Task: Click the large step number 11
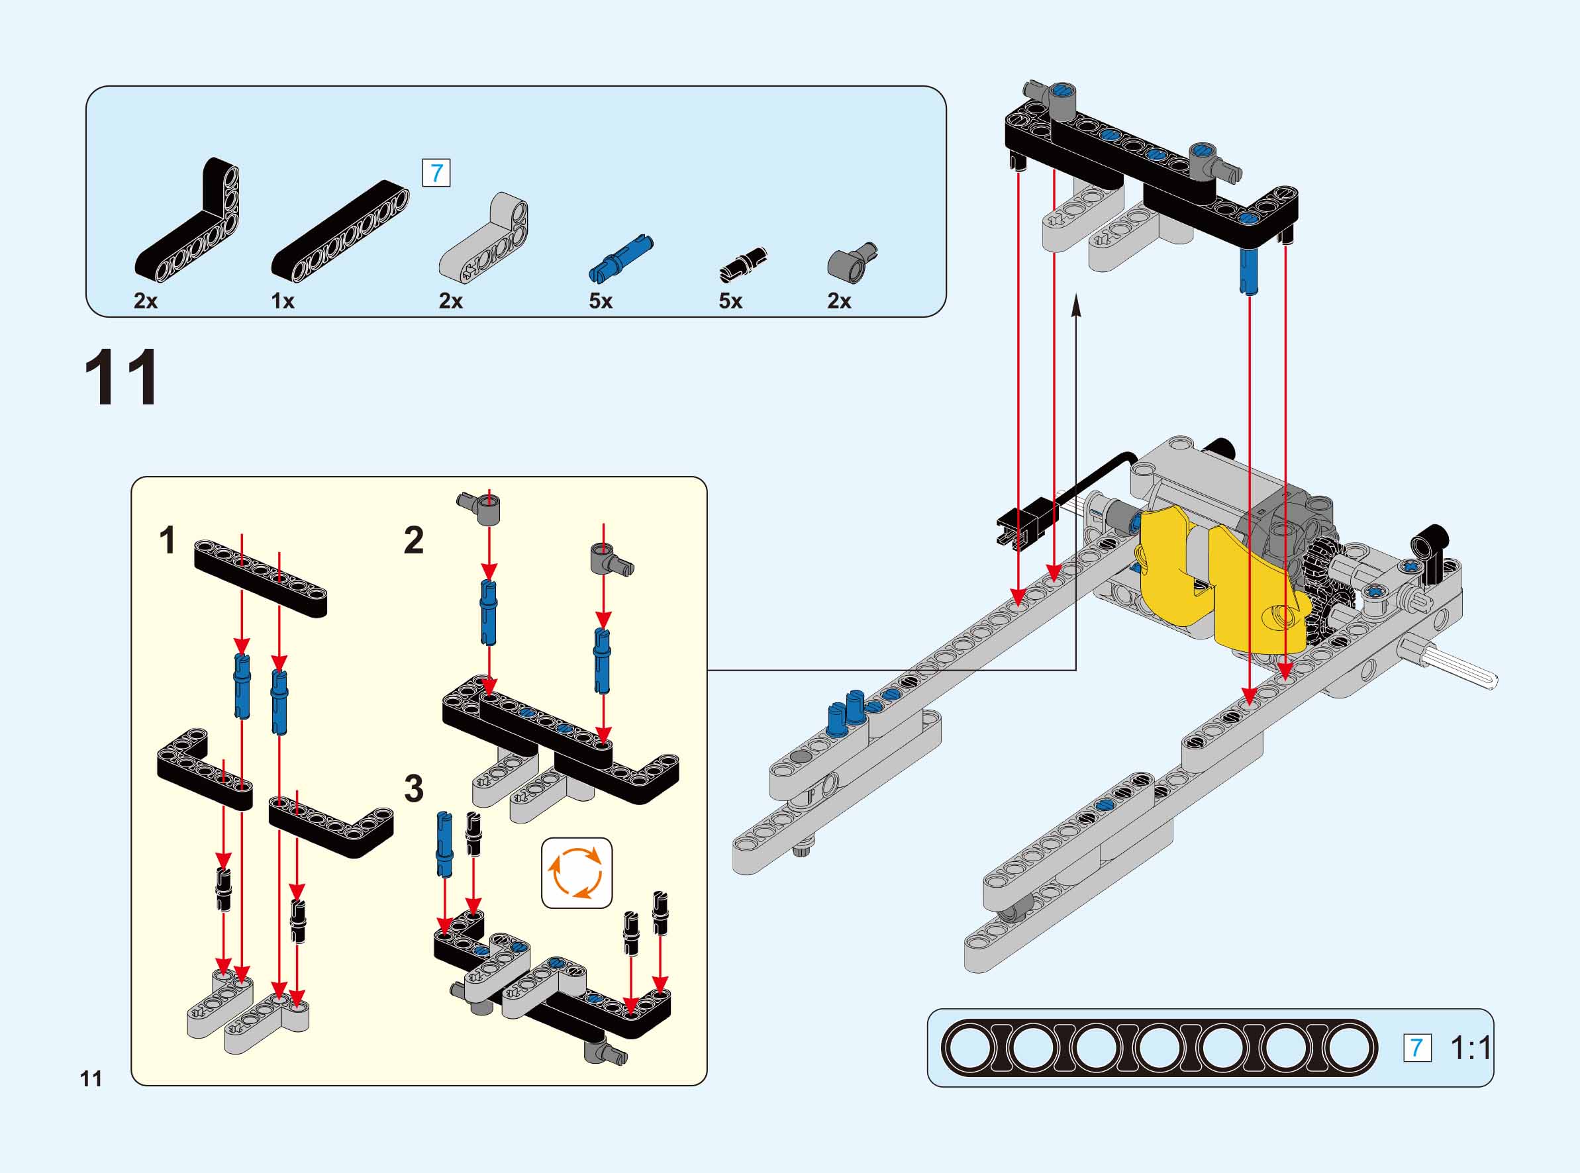[x=121, y=378]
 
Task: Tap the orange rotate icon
[x=577, y=872]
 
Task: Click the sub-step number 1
[x=168, y=540]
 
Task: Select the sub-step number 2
[x=414, y=540]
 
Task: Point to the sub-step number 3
[x=414, y=788]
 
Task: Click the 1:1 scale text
[x=1470, y=1048]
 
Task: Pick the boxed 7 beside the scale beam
[x=1416, y=1048]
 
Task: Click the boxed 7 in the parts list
[x=436, y=173]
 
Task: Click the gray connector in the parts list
[x=851, y=263]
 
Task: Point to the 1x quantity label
[x=283, y=301]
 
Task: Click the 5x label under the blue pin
[x=600, y=301]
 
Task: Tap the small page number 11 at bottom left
[x=91, y=1079]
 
